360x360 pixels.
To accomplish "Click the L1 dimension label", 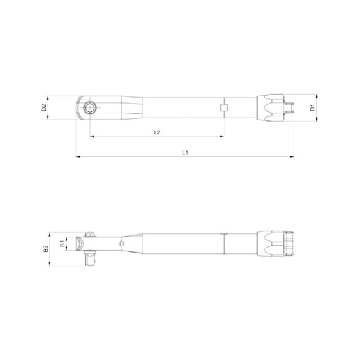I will point(184,152).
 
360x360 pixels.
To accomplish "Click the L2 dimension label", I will point(157,132).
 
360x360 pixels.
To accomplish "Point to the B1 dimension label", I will point(62,244).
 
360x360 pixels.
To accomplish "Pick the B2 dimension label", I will point(45,248).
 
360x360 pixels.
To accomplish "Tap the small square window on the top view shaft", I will point(224,107).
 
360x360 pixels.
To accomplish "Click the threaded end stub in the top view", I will point(290,107).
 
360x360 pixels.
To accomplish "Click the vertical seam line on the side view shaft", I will point(224,244).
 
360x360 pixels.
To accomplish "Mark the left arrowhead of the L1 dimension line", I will point(78,156).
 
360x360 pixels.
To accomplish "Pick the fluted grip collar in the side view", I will point(269,244).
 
